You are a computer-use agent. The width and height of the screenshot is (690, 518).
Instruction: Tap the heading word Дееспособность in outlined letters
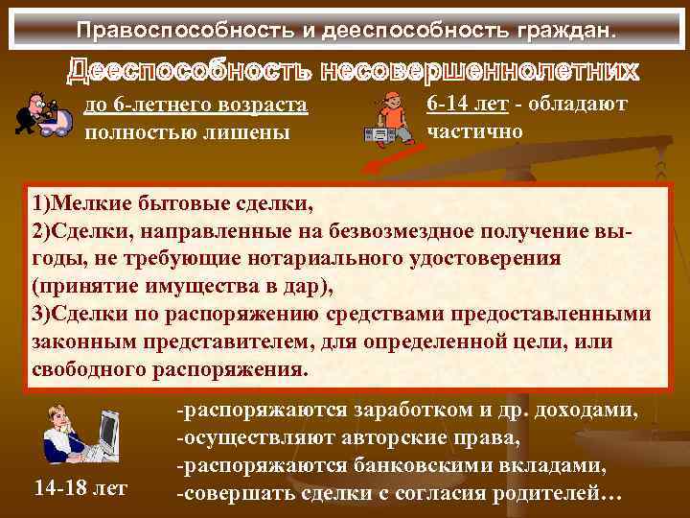[x=188, y=72]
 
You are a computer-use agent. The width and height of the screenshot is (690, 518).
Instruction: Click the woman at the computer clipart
[x=81, y=433]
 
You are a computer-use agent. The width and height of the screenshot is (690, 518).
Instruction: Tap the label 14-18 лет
[x=80, y=488]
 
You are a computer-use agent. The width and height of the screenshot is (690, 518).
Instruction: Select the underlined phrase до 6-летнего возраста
[x=195, y=105]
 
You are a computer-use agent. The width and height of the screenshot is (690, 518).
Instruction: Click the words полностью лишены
[x=187, y=131]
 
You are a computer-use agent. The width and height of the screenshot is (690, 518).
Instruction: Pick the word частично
[x=475, y=131]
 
